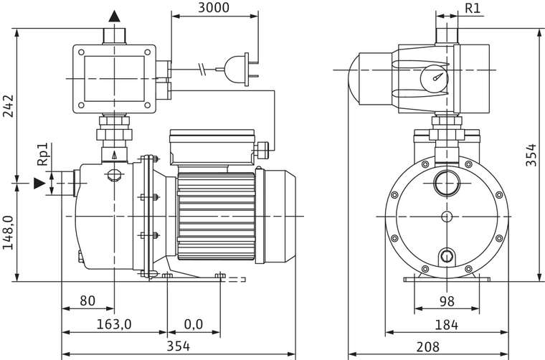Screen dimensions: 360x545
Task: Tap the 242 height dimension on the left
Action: point(8,105)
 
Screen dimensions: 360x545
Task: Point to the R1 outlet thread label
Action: point(473,8)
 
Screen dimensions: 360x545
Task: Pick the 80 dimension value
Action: point(87,301)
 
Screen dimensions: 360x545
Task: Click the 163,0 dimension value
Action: point(114,324)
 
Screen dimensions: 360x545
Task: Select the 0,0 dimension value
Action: point(193,324)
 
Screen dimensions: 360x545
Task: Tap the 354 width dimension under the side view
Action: point(179,347)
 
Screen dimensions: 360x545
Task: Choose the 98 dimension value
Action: point(446,301)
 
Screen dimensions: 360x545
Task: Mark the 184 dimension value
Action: point(446,324)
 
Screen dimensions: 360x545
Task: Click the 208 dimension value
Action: point(428,347)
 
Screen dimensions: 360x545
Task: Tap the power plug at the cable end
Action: point(238,70)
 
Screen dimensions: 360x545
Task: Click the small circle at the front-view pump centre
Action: point(446,216)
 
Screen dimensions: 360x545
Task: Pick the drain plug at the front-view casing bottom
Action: point(447,255)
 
